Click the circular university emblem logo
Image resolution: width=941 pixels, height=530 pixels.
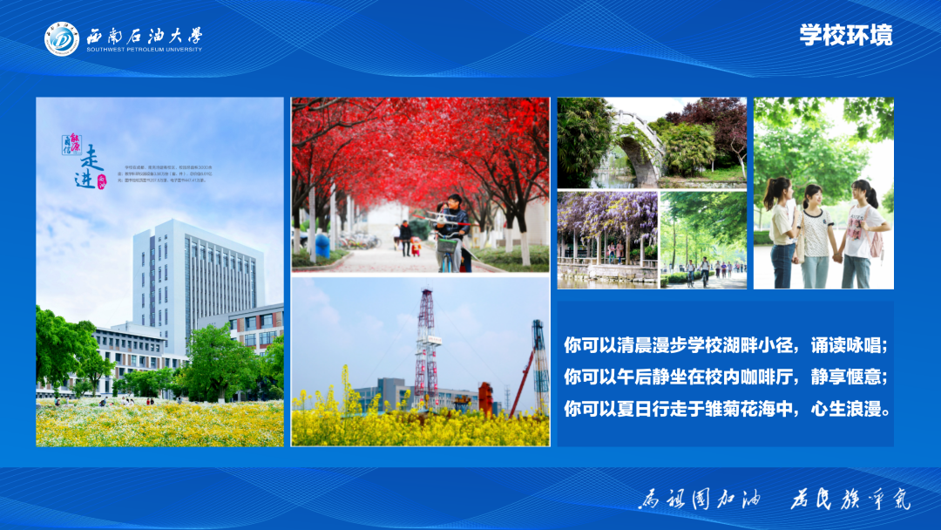click(x=62, y=39)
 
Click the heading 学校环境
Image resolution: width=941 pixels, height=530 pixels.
click(x=846, y=35)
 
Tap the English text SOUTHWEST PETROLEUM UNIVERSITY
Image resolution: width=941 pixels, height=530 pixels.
click(x=144, y=50)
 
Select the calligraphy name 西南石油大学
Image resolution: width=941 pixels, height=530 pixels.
click(x=144, y=36)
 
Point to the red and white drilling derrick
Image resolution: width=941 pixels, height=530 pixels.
click(x=425, y=349)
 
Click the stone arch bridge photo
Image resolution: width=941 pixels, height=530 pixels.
click(x=652, y=143)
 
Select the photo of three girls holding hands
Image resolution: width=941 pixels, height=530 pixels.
click(x=823, y=194)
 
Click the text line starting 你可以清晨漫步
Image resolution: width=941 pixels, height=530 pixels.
click(x=725, y=345)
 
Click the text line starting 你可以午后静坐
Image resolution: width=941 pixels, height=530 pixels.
click(x=725, y=377)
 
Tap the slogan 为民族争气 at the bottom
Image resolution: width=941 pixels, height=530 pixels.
click(x=850, y=499)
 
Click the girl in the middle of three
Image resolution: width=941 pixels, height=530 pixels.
click(x=815, y=234)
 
